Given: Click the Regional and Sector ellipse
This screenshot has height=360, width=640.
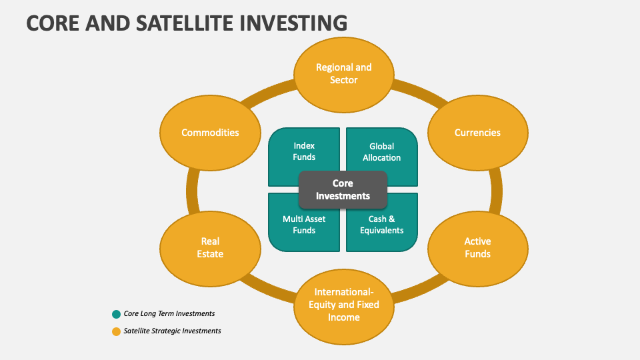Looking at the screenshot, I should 343,74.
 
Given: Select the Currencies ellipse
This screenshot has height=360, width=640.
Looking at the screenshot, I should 477,133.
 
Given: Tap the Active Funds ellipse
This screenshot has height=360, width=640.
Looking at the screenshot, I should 477,247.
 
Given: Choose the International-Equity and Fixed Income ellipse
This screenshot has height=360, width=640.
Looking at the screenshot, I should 343,305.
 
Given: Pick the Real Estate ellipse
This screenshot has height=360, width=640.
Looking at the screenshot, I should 211,247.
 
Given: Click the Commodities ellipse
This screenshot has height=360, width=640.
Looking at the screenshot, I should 211,133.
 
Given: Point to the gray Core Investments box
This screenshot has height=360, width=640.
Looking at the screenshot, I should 343,189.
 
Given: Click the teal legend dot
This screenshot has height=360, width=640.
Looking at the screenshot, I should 117,314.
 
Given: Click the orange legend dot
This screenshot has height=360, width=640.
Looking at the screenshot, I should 117,331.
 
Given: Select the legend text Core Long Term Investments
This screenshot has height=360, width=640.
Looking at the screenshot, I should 169,314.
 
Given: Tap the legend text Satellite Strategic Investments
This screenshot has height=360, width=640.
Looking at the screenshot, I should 172,331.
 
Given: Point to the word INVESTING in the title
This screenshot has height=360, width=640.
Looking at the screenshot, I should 295,23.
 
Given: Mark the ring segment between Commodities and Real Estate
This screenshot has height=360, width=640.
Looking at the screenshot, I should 192,190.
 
